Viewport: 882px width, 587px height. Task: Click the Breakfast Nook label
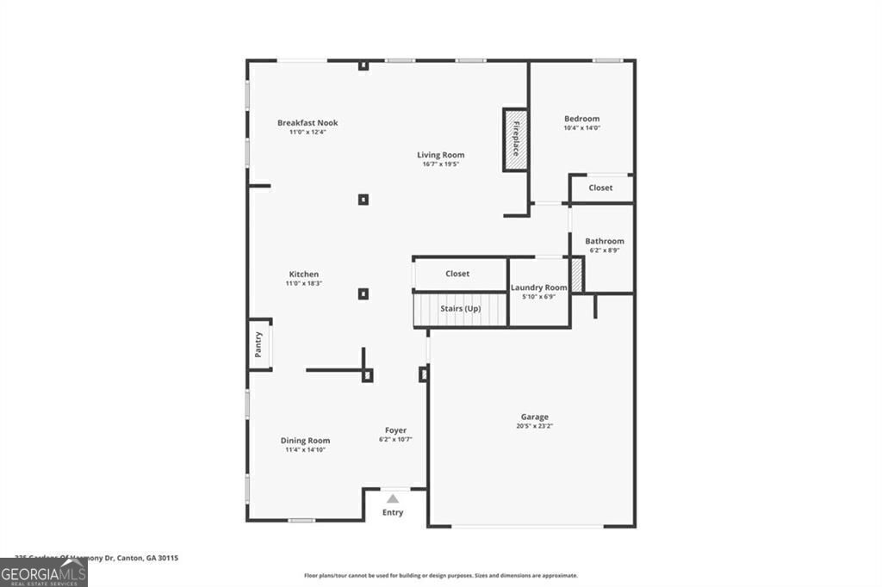(x=307, y=123)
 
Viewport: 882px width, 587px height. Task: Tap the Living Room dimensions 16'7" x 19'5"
(x=440, y=164)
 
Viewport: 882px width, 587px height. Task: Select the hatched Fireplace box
(x=515, y=139)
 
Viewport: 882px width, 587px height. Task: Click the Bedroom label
(x=581, y=119)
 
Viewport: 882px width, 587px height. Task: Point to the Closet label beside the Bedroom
(x=600, y=188)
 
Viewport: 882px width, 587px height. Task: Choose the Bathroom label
(x=604, y=241)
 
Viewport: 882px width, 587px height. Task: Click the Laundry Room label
(x=538, y=287)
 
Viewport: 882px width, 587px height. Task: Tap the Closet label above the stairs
(x=457, y=274)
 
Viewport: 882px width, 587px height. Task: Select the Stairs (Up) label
(x=460, y=308)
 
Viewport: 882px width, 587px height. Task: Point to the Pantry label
(x=258, y=345)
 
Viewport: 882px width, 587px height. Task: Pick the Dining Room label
(x=305, y=441)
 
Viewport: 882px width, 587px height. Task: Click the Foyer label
(x=395, y=430)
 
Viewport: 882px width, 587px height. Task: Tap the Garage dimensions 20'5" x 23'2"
(x=533, y=426)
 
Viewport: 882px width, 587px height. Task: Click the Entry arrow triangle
(x=393, y=498)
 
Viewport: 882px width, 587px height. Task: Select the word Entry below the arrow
(x=393, y=513)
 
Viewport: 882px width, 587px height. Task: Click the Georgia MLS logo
(x=44, y=573)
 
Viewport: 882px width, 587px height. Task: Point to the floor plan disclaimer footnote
(x=440, y=576)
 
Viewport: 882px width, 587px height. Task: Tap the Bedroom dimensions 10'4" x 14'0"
(x=581, y=127)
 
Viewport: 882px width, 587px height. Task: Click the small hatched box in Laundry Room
(x=577, y=275)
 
